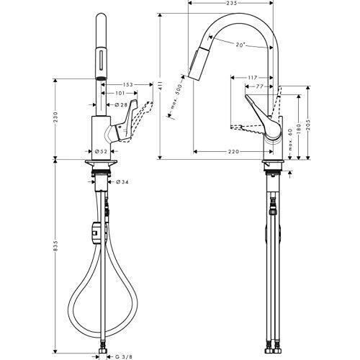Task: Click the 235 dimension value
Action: tap(232, 3)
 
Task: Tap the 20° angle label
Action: tap(240, 45)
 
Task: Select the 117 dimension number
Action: tap(252, 78)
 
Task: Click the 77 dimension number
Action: tap(258, 86)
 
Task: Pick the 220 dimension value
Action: tap(233, 152)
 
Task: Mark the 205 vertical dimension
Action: tap(308, 125)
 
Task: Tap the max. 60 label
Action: tap(290, 140)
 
